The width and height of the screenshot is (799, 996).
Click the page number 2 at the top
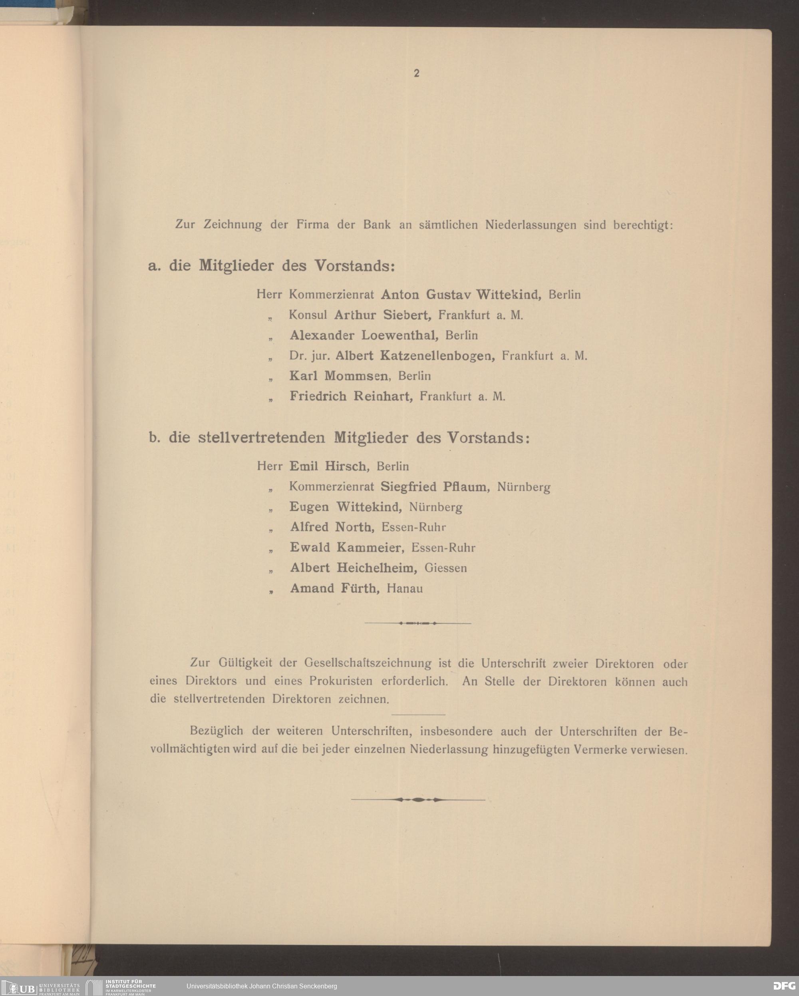[416, 74]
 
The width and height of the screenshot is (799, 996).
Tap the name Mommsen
[356, 376]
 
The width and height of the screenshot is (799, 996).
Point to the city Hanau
[405, 589]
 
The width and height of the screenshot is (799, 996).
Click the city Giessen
[446, 568]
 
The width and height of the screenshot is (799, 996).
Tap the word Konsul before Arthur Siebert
[308, 315]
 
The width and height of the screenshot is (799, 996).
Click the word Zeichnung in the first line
[233, 225]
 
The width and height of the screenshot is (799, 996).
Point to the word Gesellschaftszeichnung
[368, 663]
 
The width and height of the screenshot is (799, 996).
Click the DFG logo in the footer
[784, 985]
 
